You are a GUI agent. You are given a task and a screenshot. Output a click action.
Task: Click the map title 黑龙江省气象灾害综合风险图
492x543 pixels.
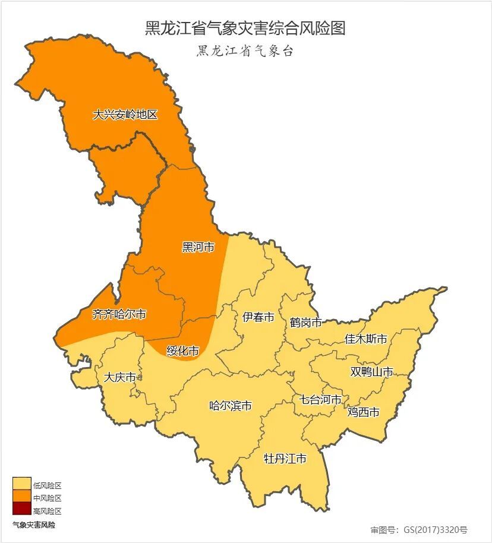tap(245, 28)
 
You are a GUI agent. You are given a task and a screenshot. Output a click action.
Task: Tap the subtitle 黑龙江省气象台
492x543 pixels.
tap(245, 51)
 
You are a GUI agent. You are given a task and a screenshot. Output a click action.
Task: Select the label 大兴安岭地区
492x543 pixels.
tap(125, 115)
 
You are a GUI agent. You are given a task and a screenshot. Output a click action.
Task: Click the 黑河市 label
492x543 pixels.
tap(198, 247)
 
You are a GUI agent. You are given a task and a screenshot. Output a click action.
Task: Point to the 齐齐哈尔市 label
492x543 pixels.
tap(119, 315)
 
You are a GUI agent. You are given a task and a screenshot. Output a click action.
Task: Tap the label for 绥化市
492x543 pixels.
tap(182, 351)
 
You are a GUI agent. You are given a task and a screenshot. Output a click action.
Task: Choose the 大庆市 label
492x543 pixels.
tap(119, 377)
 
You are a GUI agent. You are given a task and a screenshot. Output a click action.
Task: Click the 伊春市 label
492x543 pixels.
tap(258, 317)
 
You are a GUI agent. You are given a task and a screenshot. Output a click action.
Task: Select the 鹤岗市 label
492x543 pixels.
tap(306, 323)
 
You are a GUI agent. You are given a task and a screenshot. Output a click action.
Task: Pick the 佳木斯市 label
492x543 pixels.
tap(366, 339)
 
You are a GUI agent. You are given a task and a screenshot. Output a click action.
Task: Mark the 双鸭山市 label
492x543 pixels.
tap(371, 372)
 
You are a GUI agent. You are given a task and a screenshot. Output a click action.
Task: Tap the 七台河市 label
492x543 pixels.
tap(320, 399)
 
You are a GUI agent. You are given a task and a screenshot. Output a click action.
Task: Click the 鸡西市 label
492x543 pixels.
tap(363, 412)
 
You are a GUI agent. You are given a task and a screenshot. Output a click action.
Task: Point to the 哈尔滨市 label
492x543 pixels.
tap(231, 406)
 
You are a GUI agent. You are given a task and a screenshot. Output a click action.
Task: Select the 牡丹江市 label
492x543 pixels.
tap(285, 459)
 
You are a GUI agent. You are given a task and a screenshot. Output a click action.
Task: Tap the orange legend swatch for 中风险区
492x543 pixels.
tap(21, 497)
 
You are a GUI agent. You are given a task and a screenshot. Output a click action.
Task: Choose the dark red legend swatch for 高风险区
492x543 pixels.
tap(21, 510)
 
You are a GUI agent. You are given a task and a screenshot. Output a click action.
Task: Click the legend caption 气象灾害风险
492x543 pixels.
tap(34, 525)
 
